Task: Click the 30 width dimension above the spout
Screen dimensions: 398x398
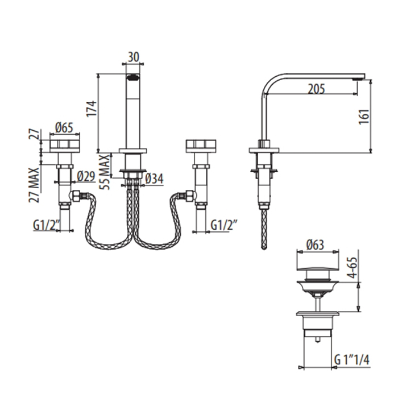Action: (x=133, y=57)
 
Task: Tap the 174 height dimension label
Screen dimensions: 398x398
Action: (x=92, y=109)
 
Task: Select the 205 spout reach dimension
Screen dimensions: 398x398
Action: (x=316, y=89)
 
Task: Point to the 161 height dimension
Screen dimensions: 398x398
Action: (x=364, y=117)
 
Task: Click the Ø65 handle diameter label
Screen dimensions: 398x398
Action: (x=64, y=128)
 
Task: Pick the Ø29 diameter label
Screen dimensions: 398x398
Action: (x=86, y=176)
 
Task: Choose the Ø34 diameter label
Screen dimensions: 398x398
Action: (x=154, y=179)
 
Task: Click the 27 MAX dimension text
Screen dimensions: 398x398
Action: (x=35, y=185)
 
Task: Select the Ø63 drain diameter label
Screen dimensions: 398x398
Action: (x=315, y=245)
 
